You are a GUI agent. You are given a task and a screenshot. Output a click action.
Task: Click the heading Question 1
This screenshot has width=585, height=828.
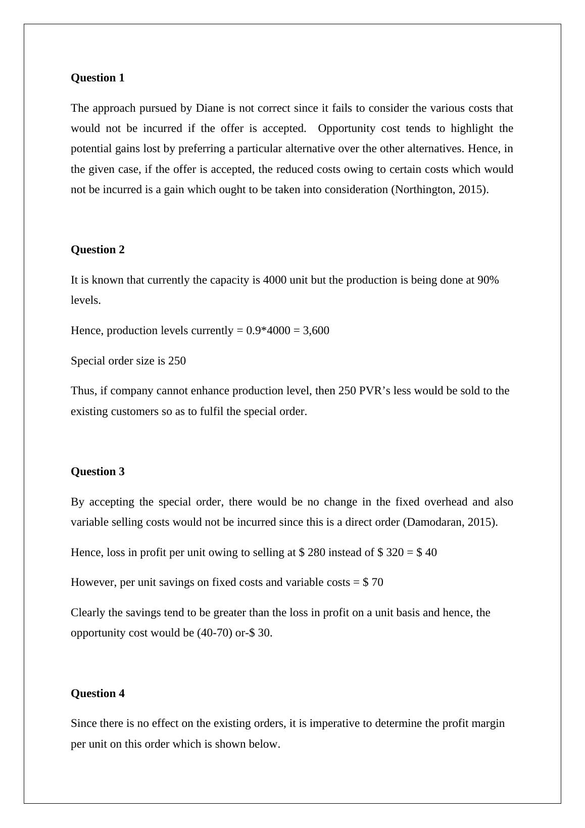click(97, 78)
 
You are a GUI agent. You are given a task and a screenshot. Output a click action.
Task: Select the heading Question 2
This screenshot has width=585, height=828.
click(97, 250)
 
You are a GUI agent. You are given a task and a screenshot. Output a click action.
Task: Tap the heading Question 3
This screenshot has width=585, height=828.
click(97, 472)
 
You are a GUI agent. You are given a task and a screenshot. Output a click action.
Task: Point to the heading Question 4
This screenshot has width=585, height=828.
click(97, 694)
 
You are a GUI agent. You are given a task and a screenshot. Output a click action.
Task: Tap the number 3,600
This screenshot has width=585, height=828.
click(316, 331)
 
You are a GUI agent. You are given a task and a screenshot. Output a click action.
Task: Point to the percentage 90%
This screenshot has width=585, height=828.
click(488, 280)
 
